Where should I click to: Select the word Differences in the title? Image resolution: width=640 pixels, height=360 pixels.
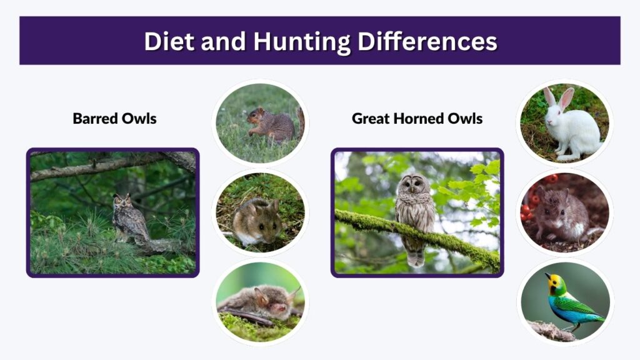pos(427,41)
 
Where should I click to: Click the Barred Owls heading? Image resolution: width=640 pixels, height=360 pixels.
pos(115,118)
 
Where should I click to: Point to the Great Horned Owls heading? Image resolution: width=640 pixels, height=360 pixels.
pos(417,118)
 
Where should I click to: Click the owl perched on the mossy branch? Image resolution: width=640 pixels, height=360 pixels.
pos(416,216)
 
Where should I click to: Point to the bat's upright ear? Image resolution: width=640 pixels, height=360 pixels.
pos(261,296)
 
